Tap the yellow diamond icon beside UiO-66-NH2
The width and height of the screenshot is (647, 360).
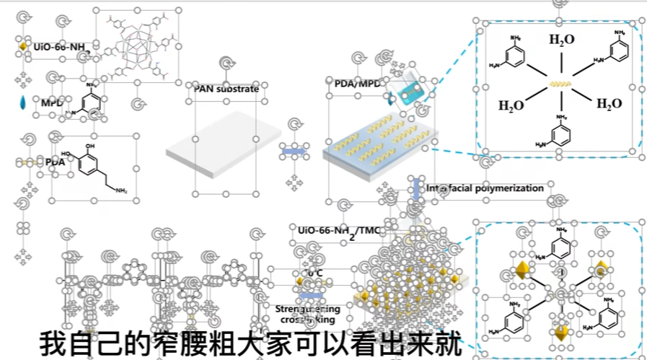(23, 47)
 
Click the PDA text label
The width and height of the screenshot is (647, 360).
(55, 162)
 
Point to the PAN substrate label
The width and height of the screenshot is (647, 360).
(225, 88)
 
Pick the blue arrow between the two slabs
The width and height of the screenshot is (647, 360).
(291, 152)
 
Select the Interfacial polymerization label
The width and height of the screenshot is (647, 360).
(485, 188)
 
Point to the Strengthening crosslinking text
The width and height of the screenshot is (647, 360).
(308, 314)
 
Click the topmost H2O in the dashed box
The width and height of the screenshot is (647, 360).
(562, 40)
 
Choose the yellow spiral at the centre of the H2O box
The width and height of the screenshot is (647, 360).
(559, 84)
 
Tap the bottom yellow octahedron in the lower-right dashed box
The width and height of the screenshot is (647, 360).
(559, 334)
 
